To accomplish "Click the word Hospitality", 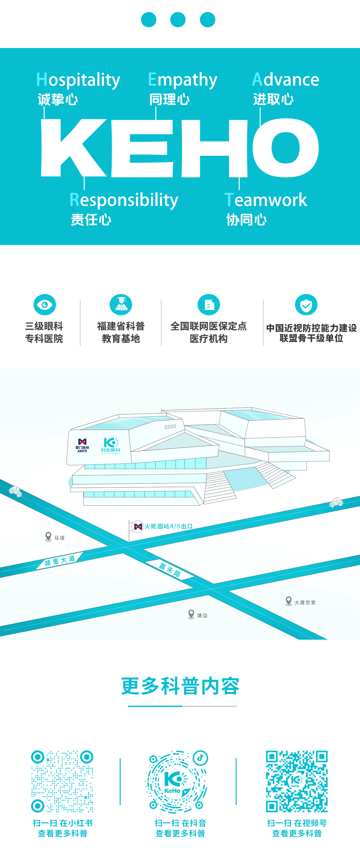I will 78,80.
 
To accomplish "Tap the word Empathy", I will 182,80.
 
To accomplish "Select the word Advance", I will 285,80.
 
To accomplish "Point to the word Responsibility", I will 124,200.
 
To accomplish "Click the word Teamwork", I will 265,200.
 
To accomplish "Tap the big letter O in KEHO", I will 285,148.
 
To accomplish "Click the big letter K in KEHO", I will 72,148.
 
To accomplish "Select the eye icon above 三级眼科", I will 45,304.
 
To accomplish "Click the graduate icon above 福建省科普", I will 121,304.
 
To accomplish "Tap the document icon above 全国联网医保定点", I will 209,304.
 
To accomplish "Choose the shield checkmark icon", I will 306,305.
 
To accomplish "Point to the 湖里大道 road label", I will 60,561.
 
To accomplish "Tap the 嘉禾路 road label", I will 170,570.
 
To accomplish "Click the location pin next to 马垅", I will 48,536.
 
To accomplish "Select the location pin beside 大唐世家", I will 289,601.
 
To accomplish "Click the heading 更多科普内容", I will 180,686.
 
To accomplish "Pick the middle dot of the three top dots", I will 178,20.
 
